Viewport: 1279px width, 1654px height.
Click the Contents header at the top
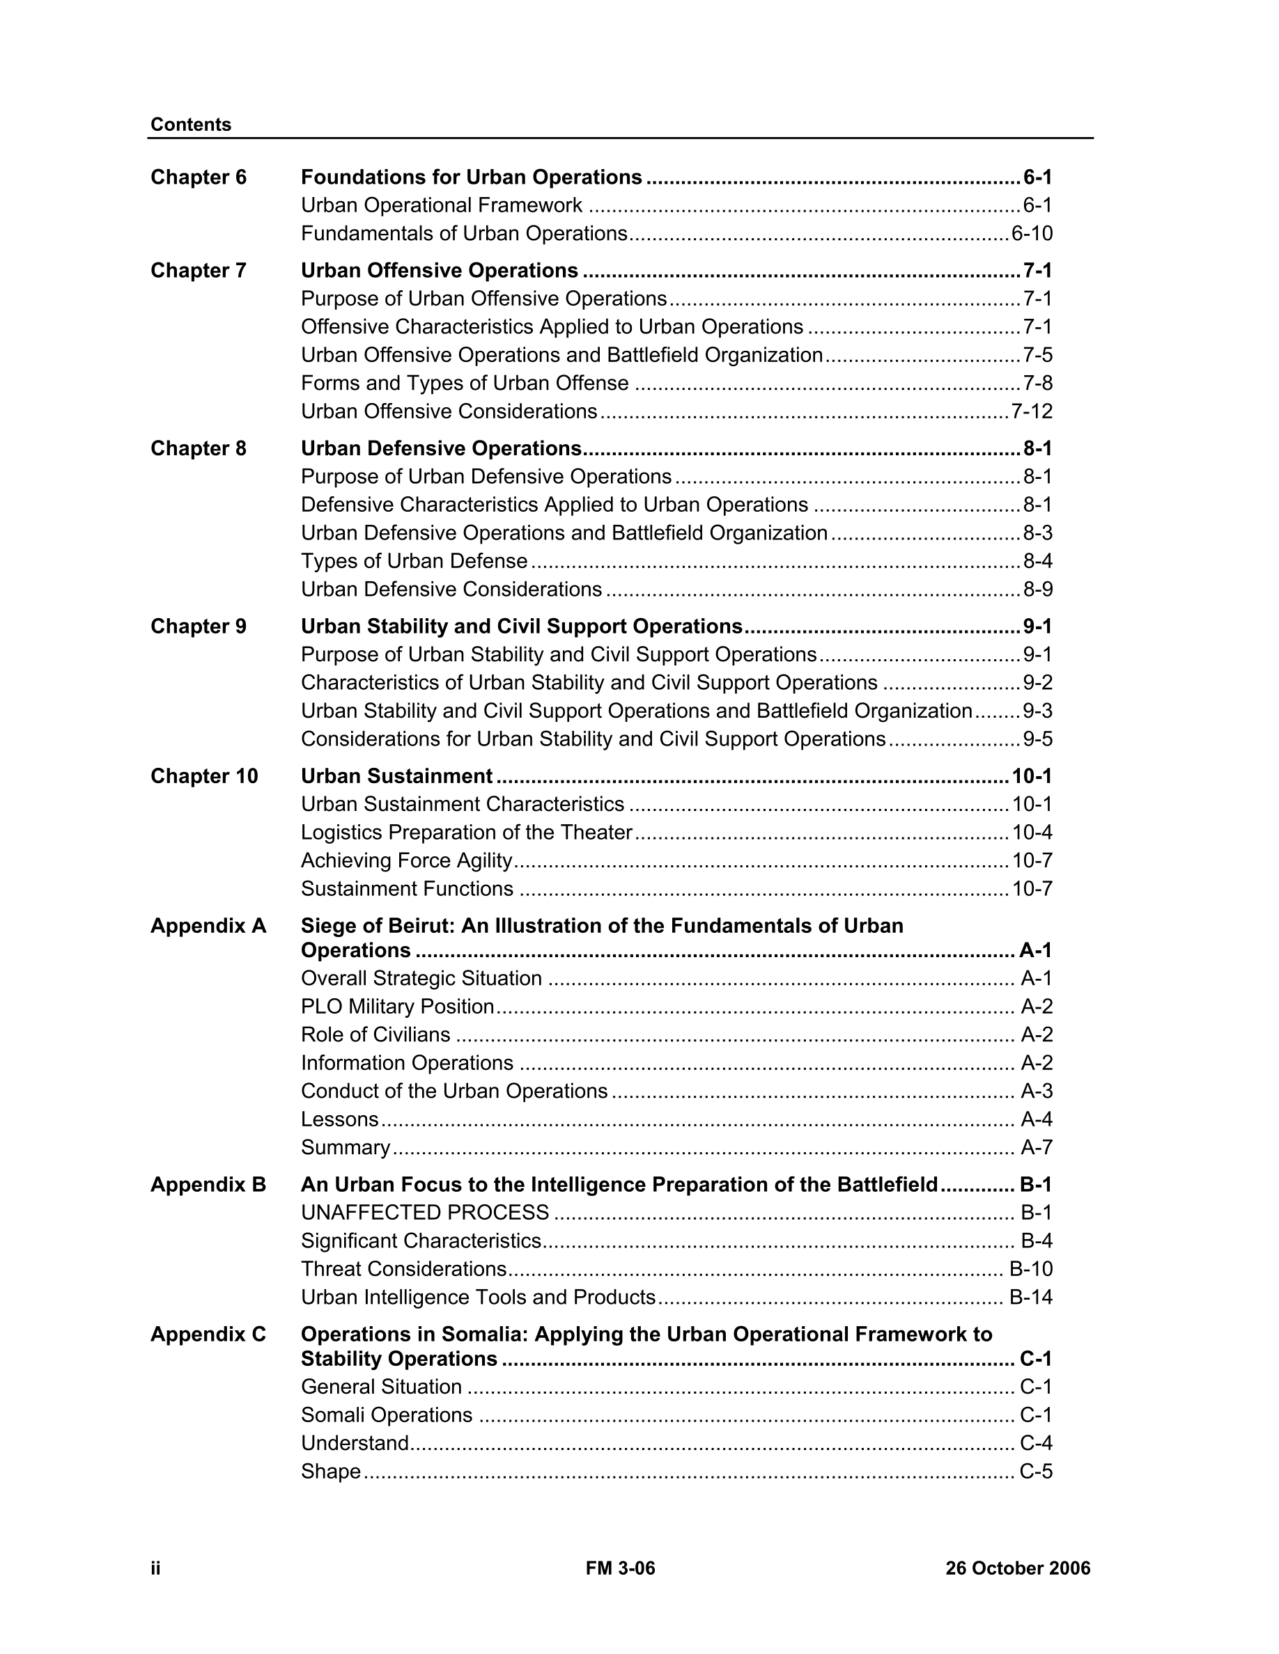pyautogui.click(x=190, y=124)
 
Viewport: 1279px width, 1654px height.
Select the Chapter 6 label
pyautogui.click(x=199, y=178)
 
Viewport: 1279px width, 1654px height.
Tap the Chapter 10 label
pyautogui.click(x=204, y=776)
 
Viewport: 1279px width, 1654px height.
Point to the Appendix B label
pyautogui.click(x=208, y=1184)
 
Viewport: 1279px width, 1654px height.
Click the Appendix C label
pyautogui.click(x=208, y=1334)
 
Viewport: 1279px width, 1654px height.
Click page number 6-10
pyautogui.click(x=1031, y=233)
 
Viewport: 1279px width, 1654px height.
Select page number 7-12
pyautogui.click(x=1031, y=411)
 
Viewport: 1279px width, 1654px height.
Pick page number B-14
pyautogui.click(x=1030, y=1298)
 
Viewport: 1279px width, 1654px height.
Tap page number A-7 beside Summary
pyautogui.click(x=1037, y=1147)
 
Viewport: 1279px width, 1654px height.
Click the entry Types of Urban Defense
pyautogui.click(x=414, y=561)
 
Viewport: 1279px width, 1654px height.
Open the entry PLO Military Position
pyautogui.click(x=397, y=1007)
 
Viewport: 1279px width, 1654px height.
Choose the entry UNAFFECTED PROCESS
pyautogui.click(x=424, y=1213)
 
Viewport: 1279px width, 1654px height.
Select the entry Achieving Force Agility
pyautogui.click(x=406, y=860)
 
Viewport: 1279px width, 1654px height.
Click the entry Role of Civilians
pyautogui.click(x=375, y=1034)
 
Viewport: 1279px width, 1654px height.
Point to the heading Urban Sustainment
pyautogui.click(x=396, y=776)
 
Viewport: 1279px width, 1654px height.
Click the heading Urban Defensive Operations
pyautogui.click(x=441, y=448)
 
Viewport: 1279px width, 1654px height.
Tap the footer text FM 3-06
pyautogui.click(x=620, y=1568)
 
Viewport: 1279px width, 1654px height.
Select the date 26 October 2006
pyautogui.click(x=1017, y=1568)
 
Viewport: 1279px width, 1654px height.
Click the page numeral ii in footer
pyautogui.click(x=155, y=1568)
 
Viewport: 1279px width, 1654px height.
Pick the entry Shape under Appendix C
pyautogui.click(x=330, y=1472)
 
